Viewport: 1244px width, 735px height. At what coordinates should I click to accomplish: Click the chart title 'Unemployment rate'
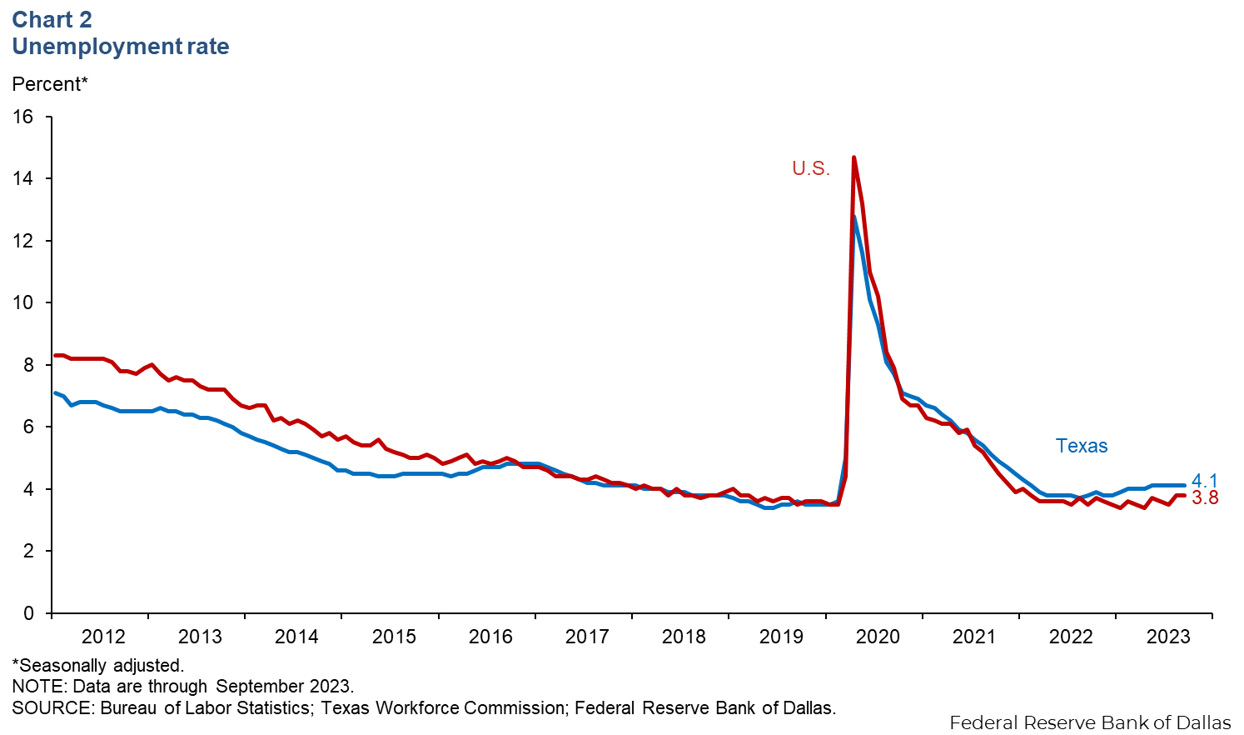pos(121,47)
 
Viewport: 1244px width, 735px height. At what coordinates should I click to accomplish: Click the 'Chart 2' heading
pos(52,19)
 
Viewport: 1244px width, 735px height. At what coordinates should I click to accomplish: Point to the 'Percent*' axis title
pos(49,84)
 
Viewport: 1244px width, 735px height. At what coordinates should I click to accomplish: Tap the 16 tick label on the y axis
pos(23,117)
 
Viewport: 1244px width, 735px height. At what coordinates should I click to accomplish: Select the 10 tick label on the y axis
pos(23,302)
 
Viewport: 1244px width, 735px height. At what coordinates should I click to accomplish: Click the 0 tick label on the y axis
pos(29,613)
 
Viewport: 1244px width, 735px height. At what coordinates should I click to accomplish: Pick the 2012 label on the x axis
pos(103,637)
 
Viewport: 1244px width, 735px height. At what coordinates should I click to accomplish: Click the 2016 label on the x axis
pos(490,637)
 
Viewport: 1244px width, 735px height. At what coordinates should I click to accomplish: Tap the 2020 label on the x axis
pos(878,637)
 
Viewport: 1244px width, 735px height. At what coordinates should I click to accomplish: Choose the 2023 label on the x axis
pos(1168,637)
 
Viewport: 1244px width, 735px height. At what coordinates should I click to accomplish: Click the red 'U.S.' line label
pos(811,168)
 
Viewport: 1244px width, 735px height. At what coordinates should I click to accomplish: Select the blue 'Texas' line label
pos(1082,446)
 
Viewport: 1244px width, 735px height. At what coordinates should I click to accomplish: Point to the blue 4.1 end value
pos(1205,481)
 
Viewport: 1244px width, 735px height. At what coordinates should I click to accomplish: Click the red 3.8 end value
pos(1205,498)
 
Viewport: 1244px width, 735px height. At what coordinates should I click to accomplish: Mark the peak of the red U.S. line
pos(854,157)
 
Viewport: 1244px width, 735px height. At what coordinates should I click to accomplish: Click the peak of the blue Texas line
pos(854,217)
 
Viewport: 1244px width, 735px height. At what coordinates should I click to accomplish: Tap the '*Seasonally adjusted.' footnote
pos(98,665)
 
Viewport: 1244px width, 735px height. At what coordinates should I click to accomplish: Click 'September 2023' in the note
pos(284,687)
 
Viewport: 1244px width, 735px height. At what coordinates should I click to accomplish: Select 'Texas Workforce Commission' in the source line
pos(442,708)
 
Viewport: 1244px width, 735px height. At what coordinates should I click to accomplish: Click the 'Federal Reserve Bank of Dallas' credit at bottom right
pos(1090,722)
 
